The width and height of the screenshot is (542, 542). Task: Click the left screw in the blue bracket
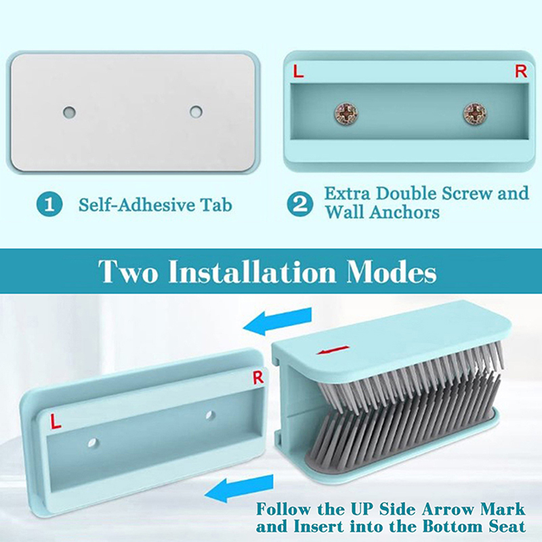pos(346,113)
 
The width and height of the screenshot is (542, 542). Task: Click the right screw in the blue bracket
pos(475,113)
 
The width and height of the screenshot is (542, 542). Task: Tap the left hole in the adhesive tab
pos(70,112)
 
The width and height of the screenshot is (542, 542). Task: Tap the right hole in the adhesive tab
pos(196,112)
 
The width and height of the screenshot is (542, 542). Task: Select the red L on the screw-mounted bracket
pos(298,72)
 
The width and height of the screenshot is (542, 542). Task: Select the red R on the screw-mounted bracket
pos(521,71)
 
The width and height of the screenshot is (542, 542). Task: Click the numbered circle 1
pos(49,205)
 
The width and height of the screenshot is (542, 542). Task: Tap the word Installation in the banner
pos(251,272)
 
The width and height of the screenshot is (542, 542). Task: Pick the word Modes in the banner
pos(392,272)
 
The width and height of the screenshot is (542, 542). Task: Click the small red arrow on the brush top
pos(333,350)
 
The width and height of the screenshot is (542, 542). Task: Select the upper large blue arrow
pos(277,321)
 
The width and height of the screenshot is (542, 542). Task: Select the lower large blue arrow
pos(239,488)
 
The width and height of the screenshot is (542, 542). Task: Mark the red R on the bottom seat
pos(258,377)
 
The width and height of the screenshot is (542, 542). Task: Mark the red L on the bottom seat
pos(56,421)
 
